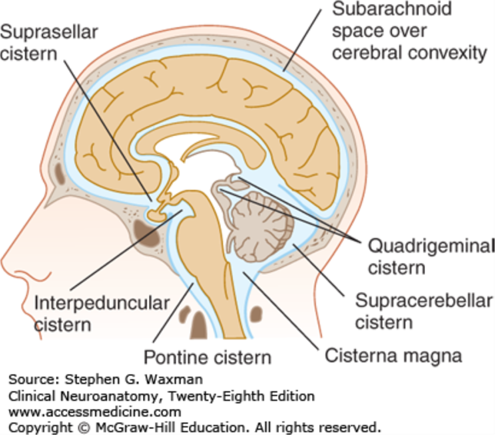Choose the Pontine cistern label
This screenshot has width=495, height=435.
(208, 357)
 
